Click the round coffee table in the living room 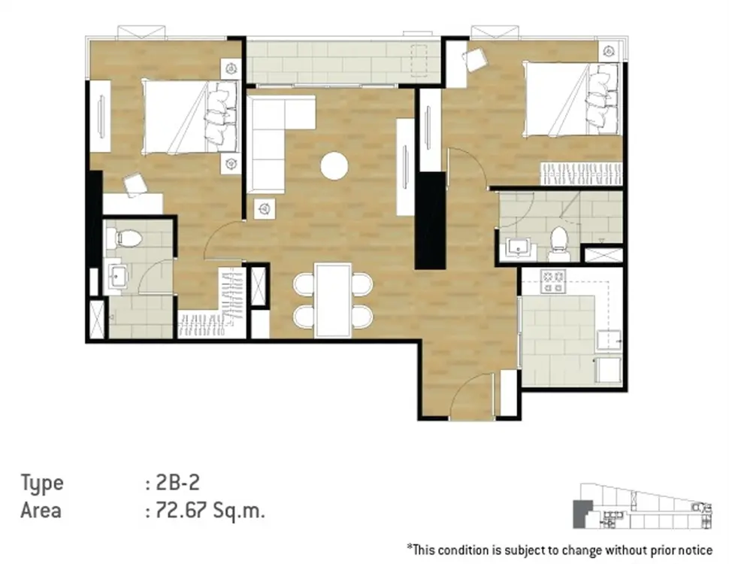coord(334,165)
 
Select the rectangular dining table coord(333,299)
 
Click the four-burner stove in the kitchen coord(553,280)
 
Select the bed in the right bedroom coord(573,99)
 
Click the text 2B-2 coord(178,483)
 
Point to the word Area coord(41,511)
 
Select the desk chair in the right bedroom coord(473,59)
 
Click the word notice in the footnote coord(696,550)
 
